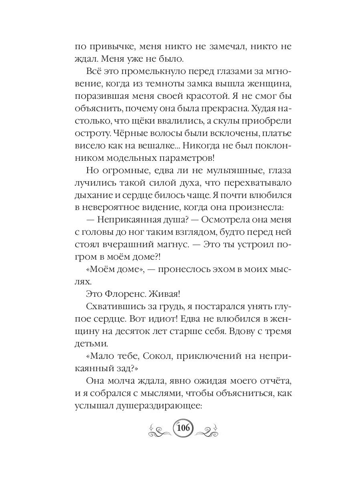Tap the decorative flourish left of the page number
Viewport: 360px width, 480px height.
pos(160,429)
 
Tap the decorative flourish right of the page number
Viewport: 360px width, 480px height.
pos(208,429)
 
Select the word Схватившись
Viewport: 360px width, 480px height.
pos(113,308)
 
